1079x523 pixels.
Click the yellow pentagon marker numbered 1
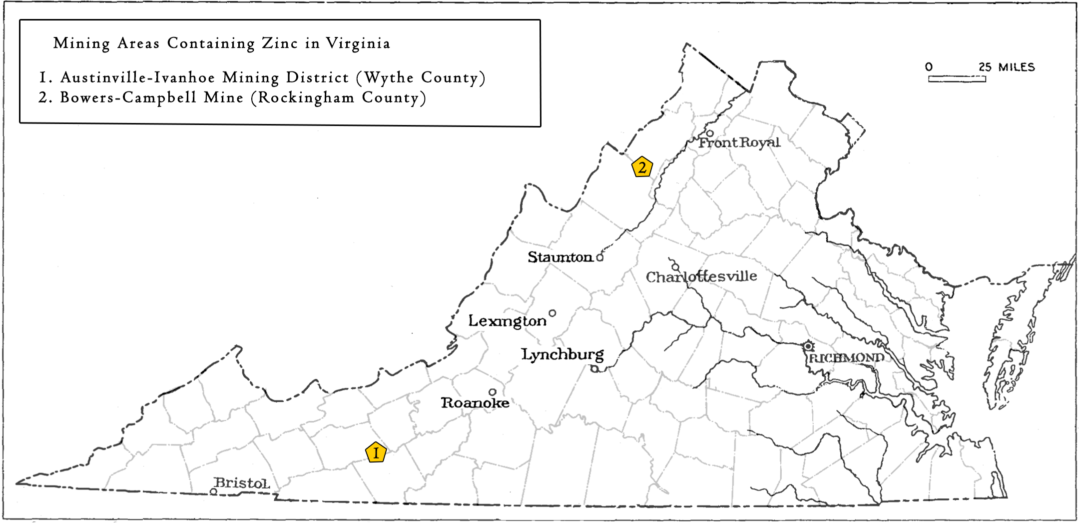[376, 452]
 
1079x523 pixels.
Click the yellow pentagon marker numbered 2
[642, 167]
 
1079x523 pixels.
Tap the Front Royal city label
[739, 142]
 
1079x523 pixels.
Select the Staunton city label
[560, 257]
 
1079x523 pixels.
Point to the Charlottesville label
[701, 276]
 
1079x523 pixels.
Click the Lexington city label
[507, 320]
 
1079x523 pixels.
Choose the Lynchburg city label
[562, 354]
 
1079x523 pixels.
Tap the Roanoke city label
[475, 402]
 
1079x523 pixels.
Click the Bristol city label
[242, 483]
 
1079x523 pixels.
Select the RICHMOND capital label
[846, 358]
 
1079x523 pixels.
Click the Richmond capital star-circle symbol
[808, 346]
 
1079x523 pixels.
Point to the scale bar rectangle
[957, 79]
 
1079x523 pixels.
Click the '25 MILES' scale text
[1006, 67]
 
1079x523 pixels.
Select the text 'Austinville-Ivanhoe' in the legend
[138, 77]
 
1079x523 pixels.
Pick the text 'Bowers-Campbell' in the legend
[128, 97]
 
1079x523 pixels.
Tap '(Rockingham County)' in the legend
[339, 97]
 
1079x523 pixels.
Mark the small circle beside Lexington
[552, 313]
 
